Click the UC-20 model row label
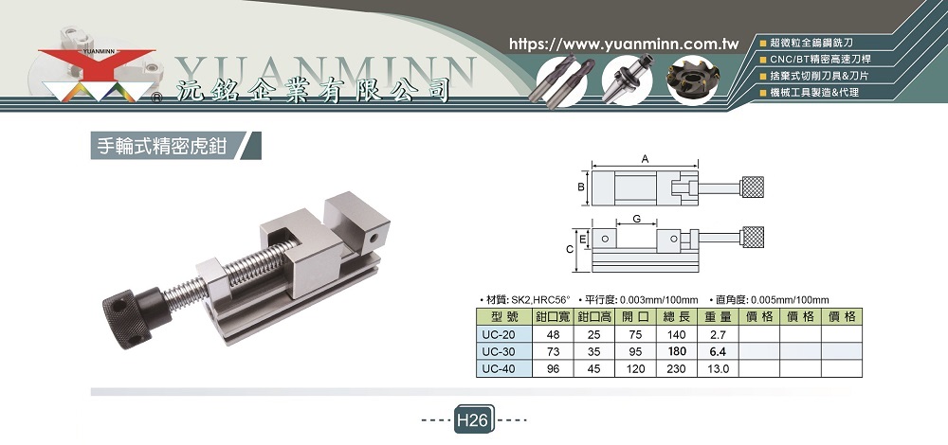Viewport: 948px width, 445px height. tap(499, 334)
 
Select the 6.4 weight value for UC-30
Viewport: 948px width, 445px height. tap(718, 351)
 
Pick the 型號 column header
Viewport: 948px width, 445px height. tap(503, 317)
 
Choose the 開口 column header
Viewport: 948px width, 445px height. tap(635, 317)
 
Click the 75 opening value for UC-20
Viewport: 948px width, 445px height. tap(635, 334)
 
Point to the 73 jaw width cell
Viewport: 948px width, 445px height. tap(553, 351)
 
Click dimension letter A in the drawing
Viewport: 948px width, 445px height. tap(645, 159)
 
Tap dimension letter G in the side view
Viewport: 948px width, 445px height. tap(637, 219)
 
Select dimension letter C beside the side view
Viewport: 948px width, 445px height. tap(570, 249)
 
